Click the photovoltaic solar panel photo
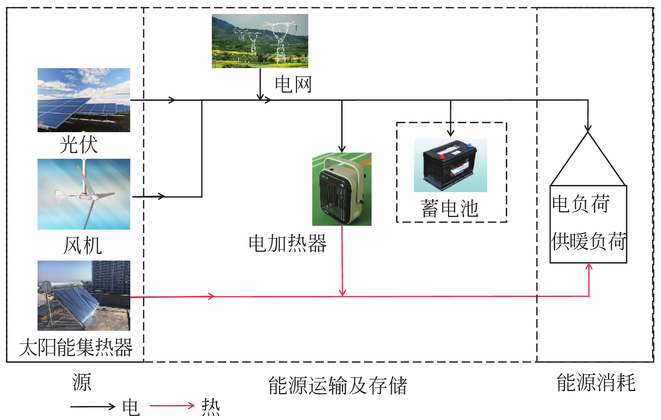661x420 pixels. [84, 100]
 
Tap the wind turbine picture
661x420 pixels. [84, 194]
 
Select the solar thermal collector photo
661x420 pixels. [84, 295]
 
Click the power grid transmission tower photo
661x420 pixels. [260, 41]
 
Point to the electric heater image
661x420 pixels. [342, 189]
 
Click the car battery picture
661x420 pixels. [450, 165]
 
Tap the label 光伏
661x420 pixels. [79, 145]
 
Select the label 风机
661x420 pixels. [83, 245]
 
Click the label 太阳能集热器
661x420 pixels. [76, 347]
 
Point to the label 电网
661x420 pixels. [293, 84]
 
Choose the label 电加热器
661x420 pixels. [287, 244]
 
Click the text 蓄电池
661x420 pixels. [449, 208]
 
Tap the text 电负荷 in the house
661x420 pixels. [581, 204]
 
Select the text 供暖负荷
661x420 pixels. [589, 242]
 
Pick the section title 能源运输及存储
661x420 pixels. [337, 386]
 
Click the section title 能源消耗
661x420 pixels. [596, 382]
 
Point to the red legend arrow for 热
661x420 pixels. [172, 406]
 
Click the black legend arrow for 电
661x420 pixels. [93, 406]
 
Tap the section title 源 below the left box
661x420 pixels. [82, 382]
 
